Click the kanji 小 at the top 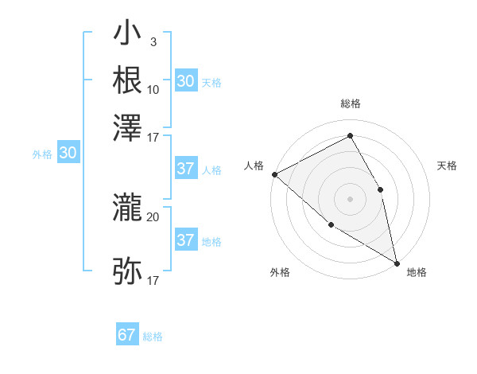[x=128, y=37]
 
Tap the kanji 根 [x=128, y=80]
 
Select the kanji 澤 [x=128, y=125]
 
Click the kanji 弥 [x=128, y=271]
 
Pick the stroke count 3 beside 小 [x=153, y=41]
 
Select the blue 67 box [x=127, y=335]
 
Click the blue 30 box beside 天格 [x=186, y=81]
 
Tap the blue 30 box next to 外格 [x=68, y=154]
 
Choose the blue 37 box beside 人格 [x=186, y=169]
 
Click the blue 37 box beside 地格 [x=186, y=240]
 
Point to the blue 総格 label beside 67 [x=153, y=337]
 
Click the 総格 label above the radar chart [x=350, y=103]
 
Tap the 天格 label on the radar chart [x=448, y=166]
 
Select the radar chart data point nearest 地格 [x=397, y=262]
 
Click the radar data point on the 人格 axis [x=273, y=174]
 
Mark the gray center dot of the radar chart [x=350, y=198]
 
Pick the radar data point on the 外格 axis [x=331, y=224]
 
